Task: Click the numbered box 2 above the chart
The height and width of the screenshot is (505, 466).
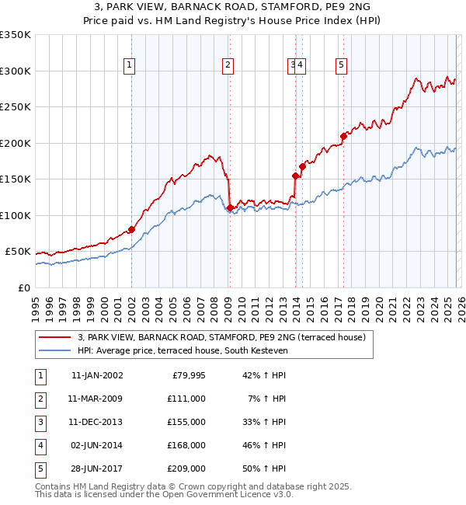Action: [228, 66]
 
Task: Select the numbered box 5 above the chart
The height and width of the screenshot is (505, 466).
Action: [341, 66]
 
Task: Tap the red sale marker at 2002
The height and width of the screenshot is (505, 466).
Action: [131, 229]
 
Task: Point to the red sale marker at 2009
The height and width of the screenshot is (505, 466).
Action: [230, 207]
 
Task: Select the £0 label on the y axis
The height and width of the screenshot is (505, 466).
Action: [24, 287]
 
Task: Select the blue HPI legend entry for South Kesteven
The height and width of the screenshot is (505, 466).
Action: [183, 351]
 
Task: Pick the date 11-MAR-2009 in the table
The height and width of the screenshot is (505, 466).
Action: [96, 399]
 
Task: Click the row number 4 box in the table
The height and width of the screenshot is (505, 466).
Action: [40, 445]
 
